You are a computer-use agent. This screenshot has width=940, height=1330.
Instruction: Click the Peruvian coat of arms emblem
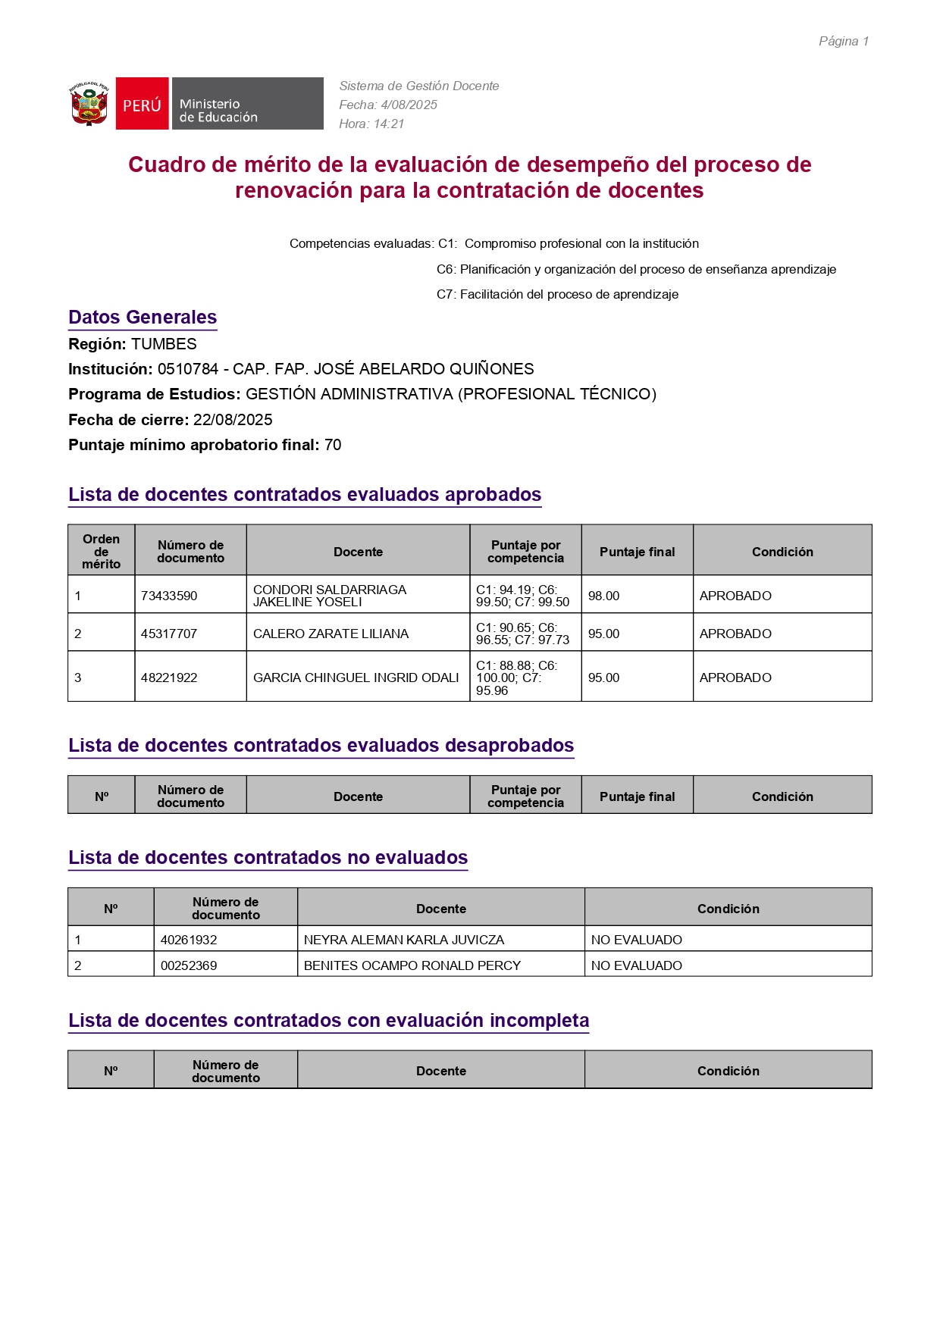[89, 104]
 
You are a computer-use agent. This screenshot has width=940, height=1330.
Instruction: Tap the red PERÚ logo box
[142, 104]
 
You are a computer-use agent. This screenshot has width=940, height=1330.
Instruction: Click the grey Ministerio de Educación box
[247, 104]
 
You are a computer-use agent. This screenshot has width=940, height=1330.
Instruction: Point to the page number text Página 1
[843, 42]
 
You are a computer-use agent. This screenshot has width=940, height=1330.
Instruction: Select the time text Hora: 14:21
[371, 124]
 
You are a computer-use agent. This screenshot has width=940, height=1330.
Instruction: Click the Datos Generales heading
[143, 318]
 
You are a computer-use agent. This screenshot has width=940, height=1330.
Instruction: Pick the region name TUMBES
[164, 344]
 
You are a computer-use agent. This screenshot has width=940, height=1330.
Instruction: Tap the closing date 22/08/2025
[233, 420]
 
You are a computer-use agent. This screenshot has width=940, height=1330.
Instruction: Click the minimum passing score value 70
[333, 445]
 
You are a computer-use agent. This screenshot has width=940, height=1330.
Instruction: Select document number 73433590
[169, 596]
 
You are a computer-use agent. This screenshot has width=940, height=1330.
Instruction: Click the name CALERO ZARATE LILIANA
[331, 634]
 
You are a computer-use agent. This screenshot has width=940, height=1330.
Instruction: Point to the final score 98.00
[603, 596]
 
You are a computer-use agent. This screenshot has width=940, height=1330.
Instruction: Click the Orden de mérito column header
[102, 551]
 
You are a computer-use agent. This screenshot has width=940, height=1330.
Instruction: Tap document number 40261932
[189, 940]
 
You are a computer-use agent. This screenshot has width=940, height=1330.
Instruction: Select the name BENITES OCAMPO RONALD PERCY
[412, 965]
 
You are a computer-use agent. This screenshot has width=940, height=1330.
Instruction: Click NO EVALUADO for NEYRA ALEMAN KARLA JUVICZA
[636, 940]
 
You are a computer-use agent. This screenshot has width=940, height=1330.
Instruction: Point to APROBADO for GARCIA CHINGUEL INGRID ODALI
[735, 678]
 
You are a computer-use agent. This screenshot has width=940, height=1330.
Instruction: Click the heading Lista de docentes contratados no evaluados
[268, 858]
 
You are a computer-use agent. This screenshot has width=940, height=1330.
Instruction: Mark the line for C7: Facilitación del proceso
[557, 294]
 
